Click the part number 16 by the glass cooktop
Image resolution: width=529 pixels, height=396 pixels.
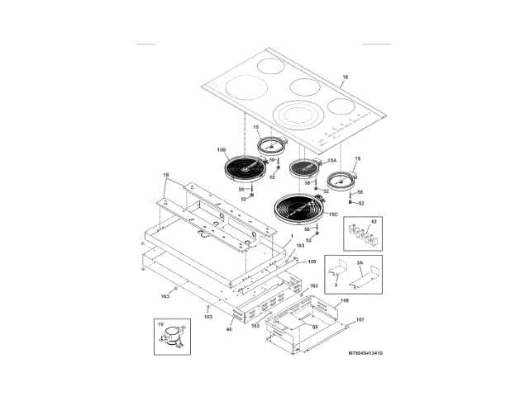pos(345,78)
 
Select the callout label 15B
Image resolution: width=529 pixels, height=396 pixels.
pos(222,150)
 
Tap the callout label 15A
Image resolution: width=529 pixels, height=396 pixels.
pos(332,162)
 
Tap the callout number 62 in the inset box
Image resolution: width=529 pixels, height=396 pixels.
pos(372,223)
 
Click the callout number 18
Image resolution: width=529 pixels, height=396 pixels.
pos(164,175)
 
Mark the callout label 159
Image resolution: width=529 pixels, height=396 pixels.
pos(312,262)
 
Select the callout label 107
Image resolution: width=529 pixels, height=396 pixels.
pos(360,319)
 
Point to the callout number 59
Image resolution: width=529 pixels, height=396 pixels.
pos(315,328)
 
